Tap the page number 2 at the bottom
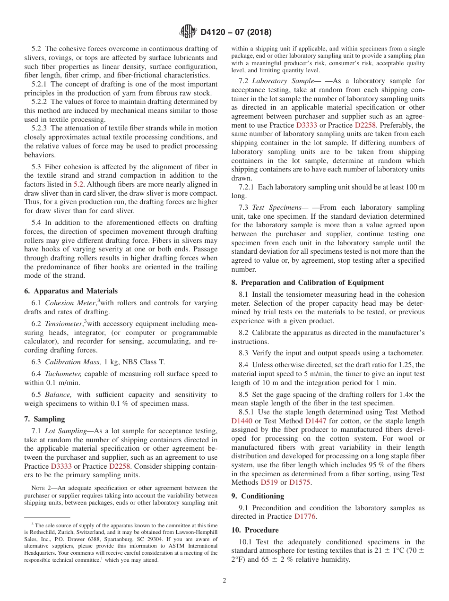point(224,581)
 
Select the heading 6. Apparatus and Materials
point(71,291)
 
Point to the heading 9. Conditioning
point(258,496)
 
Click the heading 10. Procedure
point(255,530)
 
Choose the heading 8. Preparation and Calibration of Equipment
point(308,283)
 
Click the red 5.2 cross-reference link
point(78,184)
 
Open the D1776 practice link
point(304,517)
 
